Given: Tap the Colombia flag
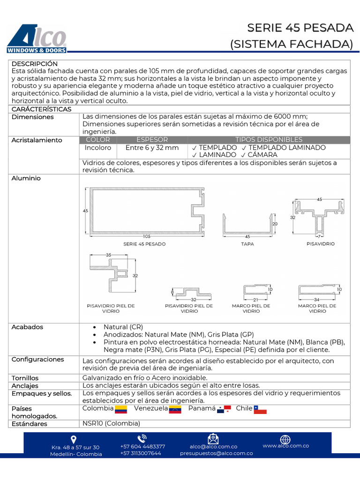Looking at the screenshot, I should (x=121, y=409).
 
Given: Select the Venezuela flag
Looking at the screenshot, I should (x=175, y=409).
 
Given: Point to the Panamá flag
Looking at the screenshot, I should (x=224, y=409).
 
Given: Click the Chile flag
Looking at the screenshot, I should (x=260, y=409).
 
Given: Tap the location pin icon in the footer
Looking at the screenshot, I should (x=74, y=440).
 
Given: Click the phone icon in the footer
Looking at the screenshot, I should (x=142, y=439).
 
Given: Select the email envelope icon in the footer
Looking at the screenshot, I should (x=213, y=439).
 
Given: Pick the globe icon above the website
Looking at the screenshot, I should (x=285, y=439).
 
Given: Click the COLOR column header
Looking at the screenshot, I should (x=98, y=140).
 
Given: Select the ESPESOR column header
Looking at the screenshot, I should (x=152, y=140).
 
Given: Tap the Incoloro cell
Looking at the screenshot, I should (x=98, y=148).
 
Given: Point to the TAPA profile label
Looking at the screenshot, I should (x=247, y=244).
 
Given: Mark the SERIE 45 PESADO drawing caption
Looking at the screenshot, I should (x=144, y=244).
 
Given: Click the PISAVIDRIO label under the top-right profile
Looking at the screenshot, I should (x=321, y=244).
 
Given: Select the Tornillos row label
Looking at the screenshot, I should (x=25, y=378).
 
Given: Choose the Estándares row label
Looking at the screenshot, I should (x=29, y=424).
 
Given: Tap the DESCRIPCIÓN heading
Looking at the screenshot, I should (x=35, y=64).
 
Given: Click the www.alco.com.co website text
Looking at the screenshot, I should (x=285, y=446).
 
